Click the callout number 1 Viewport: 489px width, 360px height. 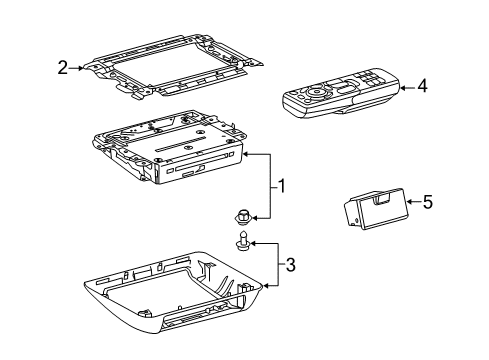282,186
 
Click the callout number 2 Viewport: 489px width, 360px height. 62,67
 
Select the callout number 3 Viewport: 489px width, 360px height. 291,264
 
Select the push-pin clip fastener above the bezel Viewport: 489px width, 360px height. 244,241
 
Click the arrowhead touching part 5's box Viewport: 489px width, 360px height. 408,202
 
